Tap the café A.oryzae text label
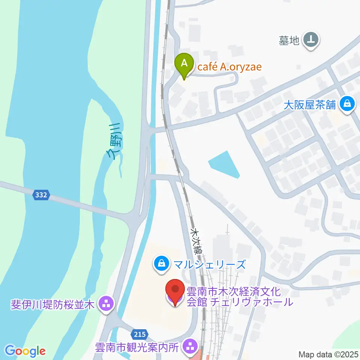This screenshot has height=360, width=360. click(229, 67)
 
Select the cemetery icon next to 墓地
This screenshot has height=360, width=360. click(311, 39)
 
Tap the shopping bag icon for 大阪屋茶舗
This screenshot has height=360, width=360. click(347, 103)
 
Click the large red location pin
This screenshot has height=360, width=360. click(175, 291)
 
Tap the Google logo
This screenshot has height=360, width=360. click(25, 351)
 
